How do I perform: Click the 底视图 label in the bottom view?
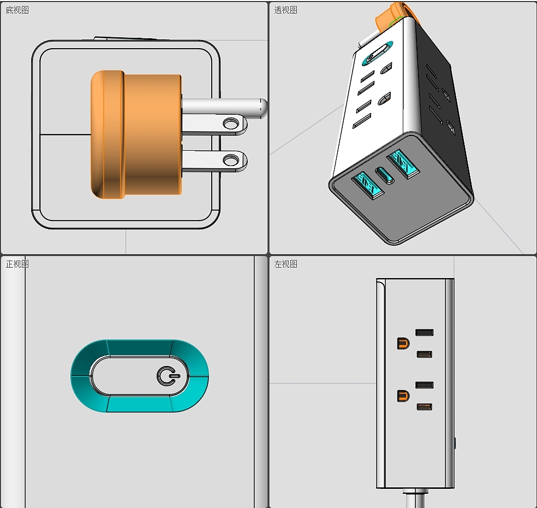(x=17, y=10)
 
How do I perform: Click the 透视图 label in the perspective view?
(x=285, y=10)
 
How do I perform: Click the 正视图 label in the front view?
(x=17, y=264)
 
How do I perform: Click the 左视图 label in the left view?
(x=285, y=264)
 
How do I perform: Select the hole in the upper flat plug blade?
(x=231, y=123)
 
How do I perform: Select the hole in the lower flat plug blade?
(x=231, y=160)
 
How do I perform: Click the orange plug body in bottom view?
(x=136, y=134)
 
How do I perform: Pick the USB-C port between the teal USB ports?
(x=385, y=175)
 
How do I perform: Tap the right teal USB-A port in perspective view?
(x=403, y=164)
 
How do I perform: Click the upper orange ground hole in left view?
(x=403, y=343)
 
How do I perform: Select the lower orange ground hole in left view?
(x=403, y=396)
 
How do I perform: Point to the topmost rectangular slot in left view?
(x=425, y=332)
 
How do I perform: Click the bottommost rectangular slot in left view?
(x=425, y=407)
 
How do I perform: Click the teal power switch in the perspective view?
(x=378, y=53)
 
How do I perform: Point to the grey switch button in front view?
(x=139, y=376)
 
